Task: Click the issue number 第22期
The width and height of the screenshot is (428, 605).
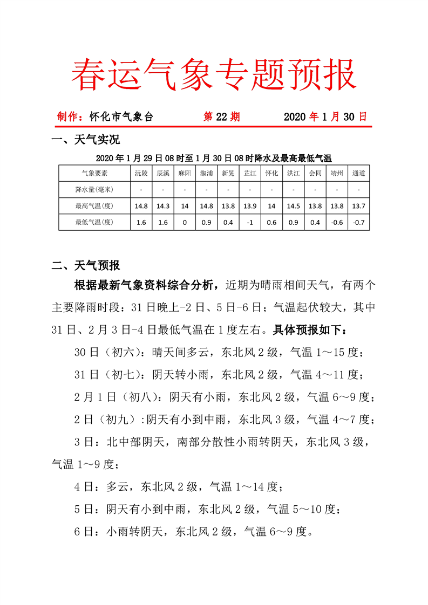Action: [x=221, y=117]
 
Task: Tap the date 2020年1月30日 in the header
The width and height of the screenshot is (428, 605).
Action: [x=325, y=117]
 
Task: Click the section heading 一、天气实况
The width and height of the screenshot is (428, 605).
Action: [x=85, y=141]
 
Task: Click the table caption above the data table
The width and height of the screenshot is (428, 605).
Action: [x=214, y=158]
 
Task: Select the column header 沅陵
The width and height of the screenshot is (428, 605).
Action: [x=141, y=174]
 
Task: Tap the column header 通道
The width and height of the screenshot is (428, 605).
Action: [x=358, y=174]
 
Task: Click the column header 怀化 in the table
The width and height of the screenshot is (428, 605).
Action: [x=271, y=174]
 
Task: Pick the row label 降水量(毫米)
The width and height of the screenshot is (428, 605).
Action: [x=94, y=189]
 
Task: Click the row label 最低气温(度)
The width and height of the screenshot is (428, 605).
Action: [x=94, y=222]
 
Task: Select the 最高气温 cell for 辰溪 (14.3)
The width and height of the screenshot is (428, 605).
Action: [x=163, y=205]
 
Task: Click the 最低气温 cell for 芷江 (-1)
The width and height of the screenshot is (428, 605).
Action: [x=250, y=222]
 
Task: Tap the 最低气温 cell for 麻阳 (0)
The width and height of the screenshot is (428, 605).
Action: [x=185, y=222]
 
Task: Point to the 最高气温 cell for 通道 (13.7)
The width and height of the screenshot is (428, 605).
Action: [x=358, y=205]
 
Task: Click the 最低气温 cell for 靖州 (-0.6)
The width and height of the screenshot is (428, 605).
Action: [x=337, y=222]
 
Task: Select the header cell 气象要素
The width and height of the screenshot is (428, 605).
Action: [x=94, y=174]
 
